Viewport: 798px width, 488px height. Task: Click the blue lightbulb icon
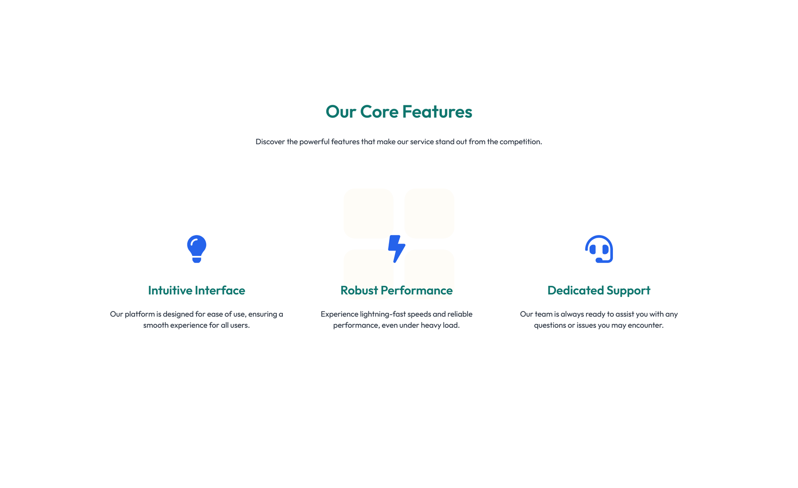(x=197, y=249)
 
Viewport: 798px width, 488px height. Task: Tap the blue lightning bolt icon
(x=397, y=249)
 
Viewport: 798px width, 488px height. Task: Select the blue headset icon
(x=599, y=249)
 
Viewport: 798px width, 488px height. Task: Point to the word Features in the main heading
(x=437, y=112)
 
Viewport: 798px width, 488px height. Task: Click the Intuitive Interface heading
(x=197, y=290)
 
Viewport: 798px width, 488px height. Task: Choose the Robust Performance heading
(x=397, y=290)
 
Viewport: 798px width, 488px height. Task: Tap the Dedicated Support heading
(x=599, y=290)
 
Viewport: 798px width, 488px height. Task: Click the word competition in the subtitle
(x=521, y=142)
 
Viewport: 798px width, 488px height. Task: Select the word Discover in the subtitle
(x=270, y=142)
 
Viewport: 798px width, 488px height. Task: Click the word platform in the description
(x=140, y=314)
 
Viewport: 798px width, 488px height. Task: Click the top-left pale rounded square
(x=369, y=214)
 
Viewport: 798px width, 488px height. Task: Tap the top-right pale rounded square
(x=429, y=214)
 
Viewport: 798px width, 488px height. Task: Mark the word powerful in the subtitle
(x=315, y=142)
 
